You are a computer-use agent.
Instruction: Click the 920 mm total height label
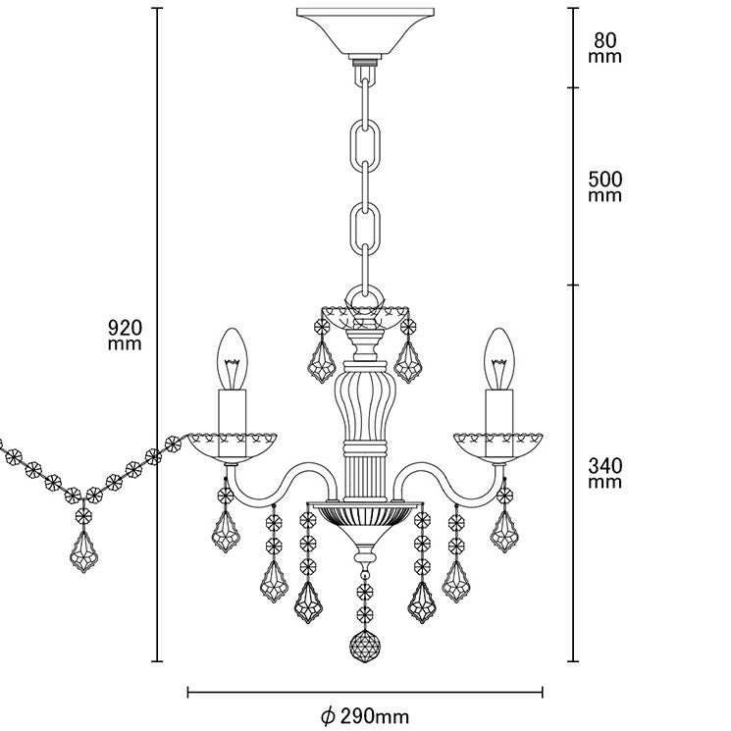pyautogui.click(x=125, y=335)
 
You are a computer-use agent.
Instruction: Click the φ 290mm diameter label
pyautogui.click(x=365, y=715)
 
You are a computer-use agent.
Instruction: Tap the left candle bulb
pyautogui.click(x=235, y=357)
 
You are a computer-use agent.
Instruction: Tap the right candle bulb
pyautogui.click(x=497, y=357)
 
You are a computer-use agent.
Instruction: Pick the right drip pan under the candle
pyautogui.click(x=497, y=446)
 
